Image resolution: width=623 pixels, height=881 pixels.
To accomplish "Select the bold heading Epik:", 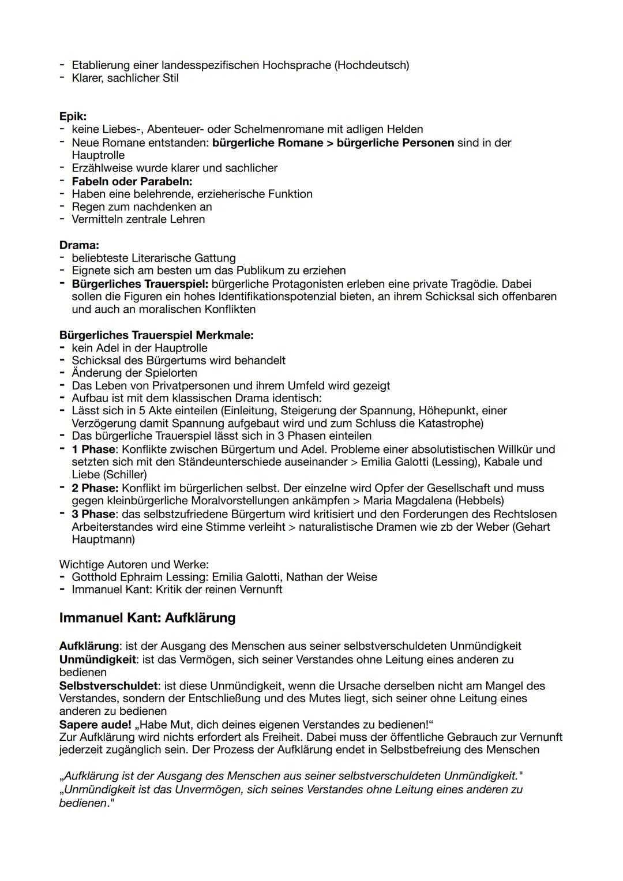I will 73,117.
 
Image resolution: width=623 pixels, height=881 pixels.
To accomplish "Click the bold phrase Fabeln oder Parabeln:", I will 132,181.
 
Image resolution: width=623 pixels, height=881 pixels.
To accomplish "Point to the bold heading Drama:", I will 79,245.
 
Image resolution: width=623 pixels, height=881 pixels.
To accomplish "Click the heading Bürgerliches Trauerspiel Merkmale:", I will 156,335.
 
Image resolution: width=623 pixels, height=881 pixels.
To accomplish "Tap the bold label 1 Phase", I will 93,449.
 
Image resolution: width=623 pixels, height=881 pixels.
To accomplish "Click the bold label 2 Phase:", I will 95,488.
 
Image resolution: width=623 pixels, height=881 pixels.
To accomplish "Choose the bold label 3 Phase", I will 93,514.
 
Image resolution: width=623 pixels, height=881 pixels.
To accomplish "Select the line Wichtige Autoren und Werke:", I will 134,564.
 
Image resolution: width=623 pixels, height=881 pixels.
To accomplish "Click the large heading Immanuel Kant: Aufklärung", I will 147,618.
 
